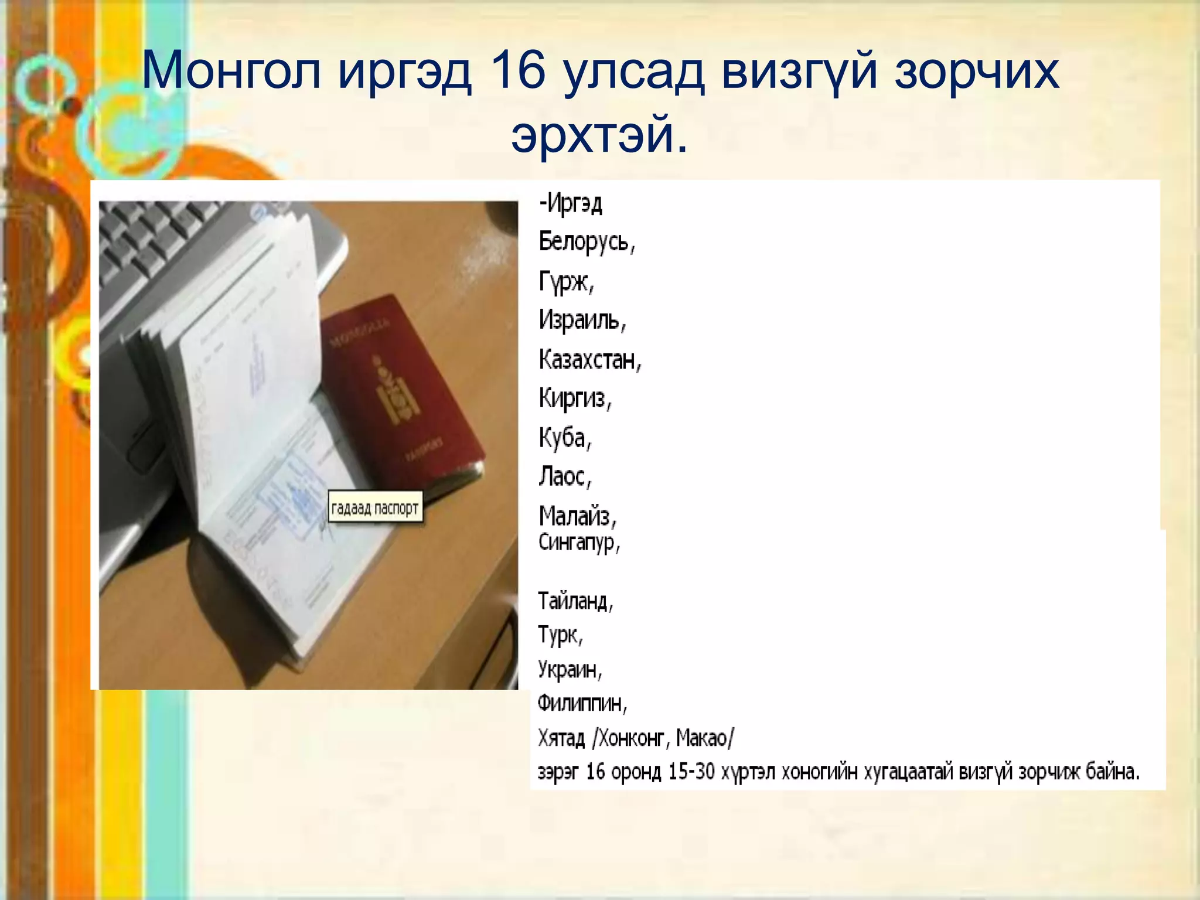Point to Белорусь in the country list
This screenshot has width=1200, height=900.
[586, 241]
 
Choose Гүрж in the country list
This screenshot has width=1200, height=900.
[566, 282]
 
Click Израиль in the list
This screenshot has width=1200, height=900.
[582, 321]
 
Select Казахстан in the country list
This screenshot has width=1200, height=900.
[589, 359]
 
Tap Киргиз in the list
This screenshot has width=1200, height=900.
[574, 398]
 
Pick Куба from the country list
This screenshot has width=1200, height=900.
[565, 438]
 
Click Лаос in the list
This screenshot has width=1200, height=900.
[564, 476]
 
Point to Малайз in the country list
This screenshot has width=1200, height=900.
[577, 516]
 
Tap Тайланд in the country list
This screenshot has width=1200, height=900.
[575, 601]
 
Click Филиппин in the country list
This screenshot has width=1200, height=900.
[582, 703]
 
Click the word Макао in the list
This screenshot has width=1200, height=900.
[704, 738]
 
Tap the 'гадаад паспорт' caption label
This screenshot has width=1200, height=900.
[375, 507]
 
